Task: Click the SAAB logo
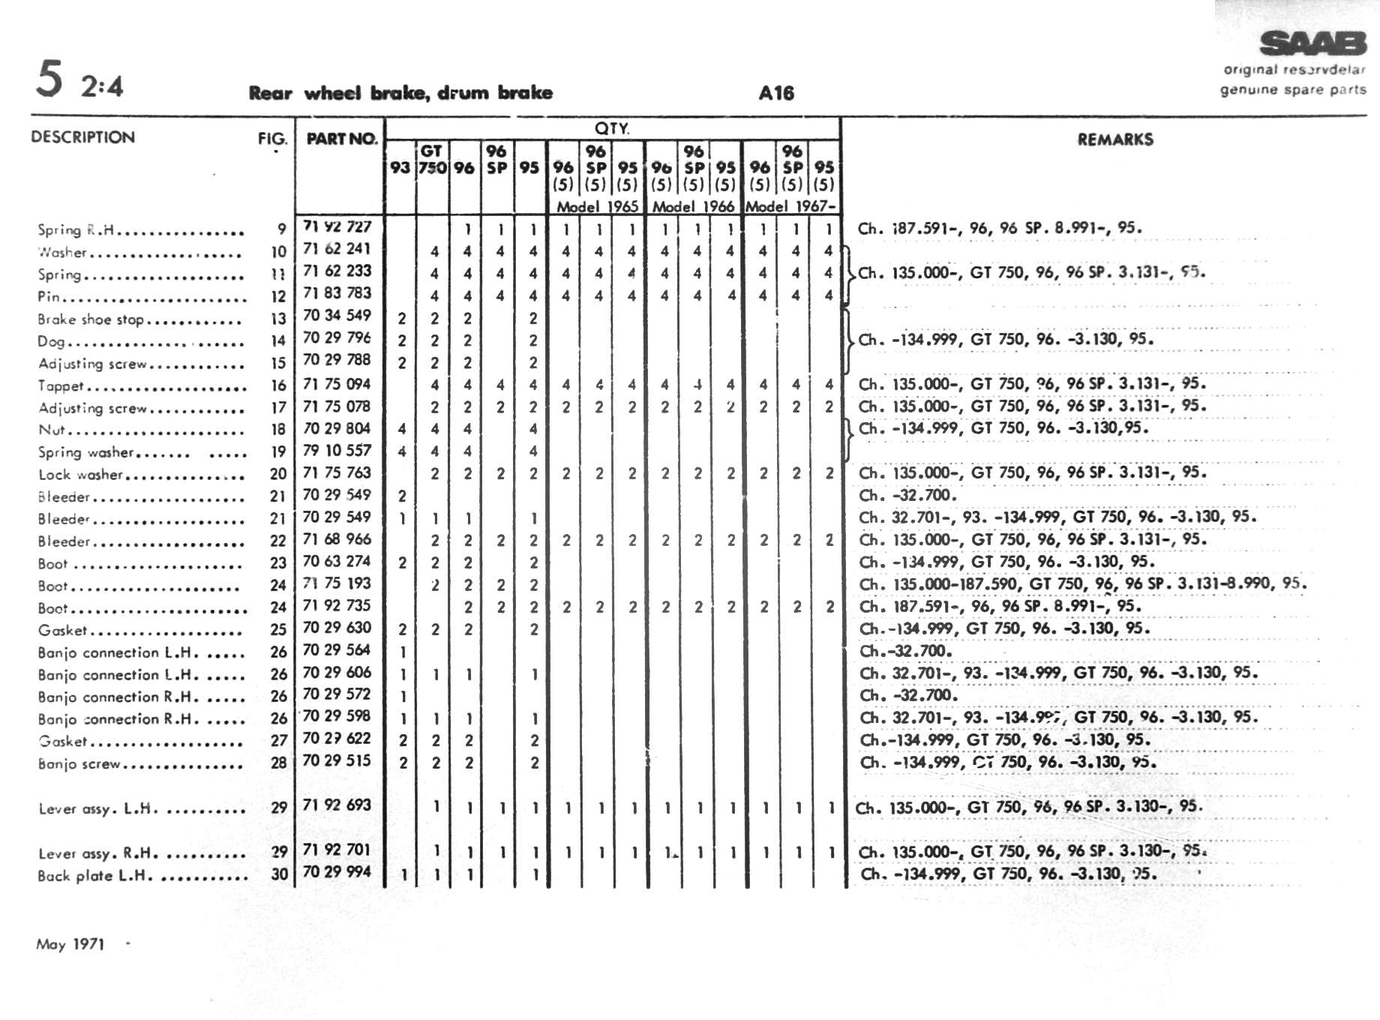coord(1312,44)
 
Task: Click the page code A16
coord(776,93)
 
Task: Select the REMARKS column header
coord(1115,139)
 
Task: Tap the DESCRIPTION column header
coord(83,137)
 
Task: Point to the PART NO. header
coord(341,139)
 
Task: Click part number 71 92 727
coord(337,226)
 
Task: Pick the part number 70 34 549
coord(337,315)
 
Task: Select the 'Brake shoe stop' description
coord(91,319)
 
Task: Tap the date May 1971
coord(70,944)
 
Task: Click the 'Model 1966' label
coord(693,206)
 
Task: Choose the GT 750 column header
coord(431,159)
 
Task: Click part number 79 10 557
coord(337,450)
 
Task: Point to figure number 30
coord(279,874)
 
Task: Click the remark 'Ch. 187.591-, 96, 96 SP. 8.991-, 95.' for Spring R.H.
coord(1000,228)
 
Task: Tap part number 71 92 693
coord(337,805)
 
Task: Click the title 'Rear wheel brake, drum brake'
coord(400,93)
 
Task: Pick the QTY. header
coord(612,128)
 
